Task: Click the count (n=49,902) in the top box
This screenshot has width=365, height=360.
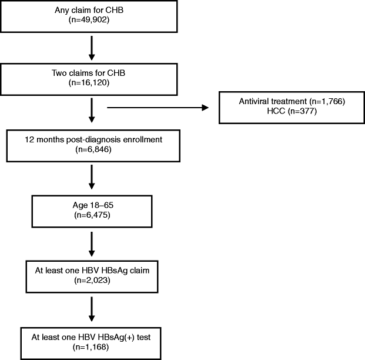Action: pyautogui.click(x=91, y=22)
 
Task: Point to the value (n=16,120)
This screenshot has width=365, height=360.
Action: pyautogui.click(x=91, y=84)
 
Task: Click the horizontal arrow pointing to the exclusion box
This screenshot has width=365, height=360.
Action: pyautogui.click(x=158, y=108)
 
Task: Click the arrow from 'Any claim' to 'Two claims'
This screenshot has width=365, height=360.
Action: pyautogui.click(x=91, y=48)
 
